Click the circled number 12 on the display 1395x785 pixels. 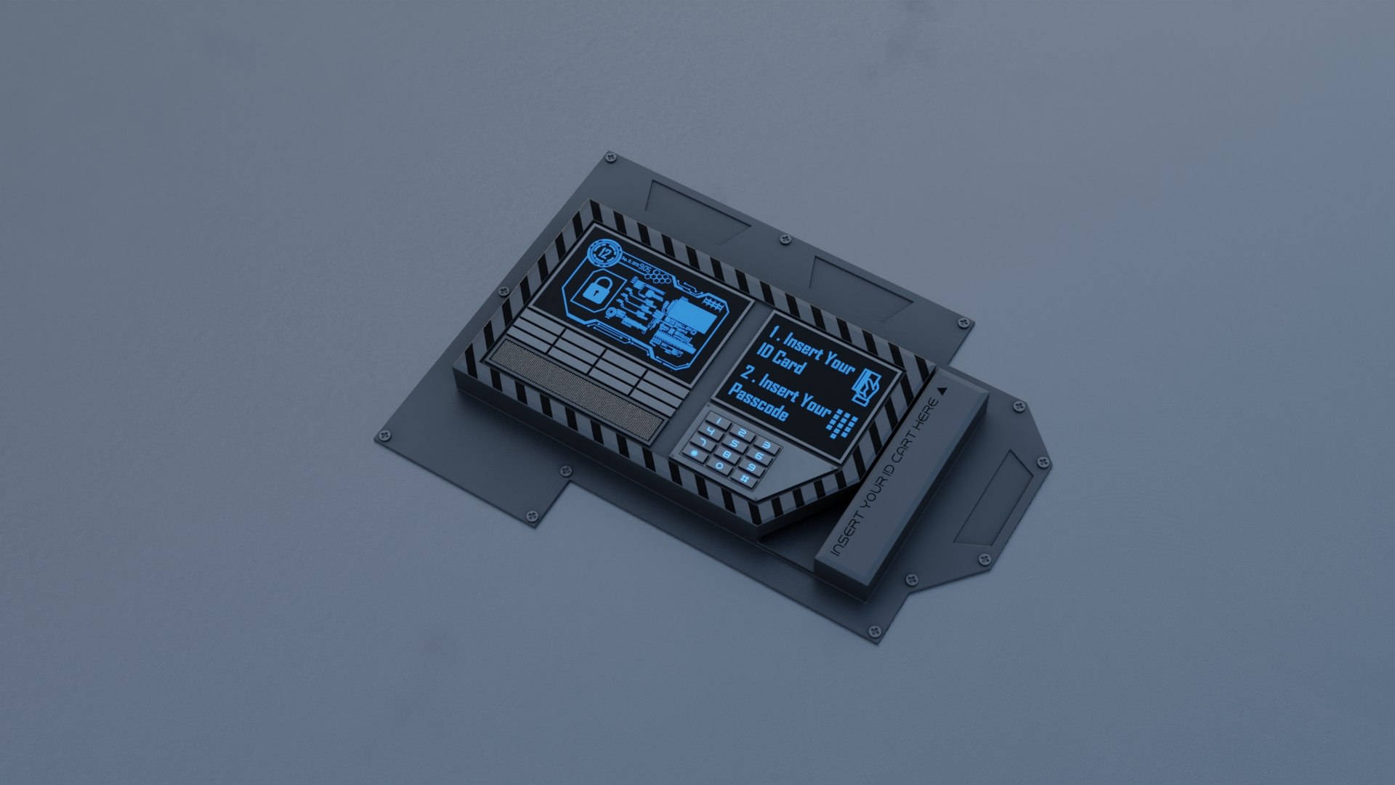tap(604, 254)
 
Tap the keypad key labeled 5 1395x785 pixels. tap(735, 443)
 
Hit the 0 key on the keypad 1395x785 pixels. tap(719, 466)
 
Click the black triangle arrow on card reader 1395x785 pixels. tap(942, 390)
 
